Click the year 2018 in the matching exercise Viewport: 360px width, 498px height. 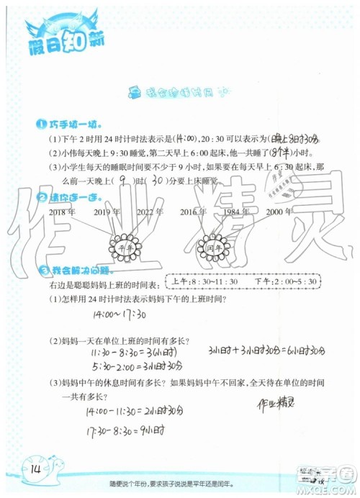tap(61, 212)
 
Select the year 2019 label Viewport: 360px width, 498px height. tap(107, 212)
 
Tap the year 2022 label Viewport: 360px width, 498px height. tap(150, 212)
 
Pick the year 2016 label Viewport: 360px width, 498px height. tap(194, 212)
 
